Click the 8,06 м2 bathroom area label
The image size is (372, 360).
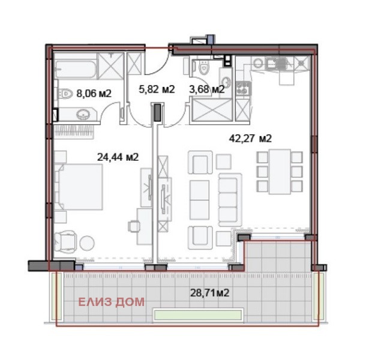(x=94, y=94)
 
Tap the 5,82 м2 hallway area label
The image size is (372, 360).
(x=157, y=89)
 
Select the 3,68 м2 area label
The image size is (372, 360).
(x=206, y=89)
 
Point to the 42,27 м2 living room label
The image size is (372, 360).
(x=250, y=138)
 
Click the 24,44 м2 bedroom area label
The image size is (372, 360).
(x=118, y=157)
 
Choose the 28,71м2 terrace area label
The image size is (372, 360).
(x=210, y=293)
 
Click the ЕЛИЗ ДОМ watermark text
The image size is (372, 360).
(x=111, y=302)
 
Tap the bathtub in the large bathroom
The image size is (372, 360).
(x=76, y=69)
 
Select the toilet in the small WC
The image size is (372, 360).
(x=203, y=67)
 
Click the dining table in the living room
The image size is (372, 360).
(x=280, y=172)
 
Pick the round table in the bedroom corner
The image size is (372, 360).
(x=87, y=243)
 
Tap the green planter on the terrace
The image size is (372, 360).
(x=197, y=314)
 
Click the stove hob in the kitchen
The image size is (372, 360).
(x=243, y=89)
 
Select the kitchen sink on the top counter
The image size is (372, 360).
(x=277, y=64)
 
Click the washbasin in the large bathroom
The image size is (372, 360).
(x=83, y=115)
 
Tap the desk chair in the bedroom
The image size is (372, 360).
(x=134, y=226)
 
